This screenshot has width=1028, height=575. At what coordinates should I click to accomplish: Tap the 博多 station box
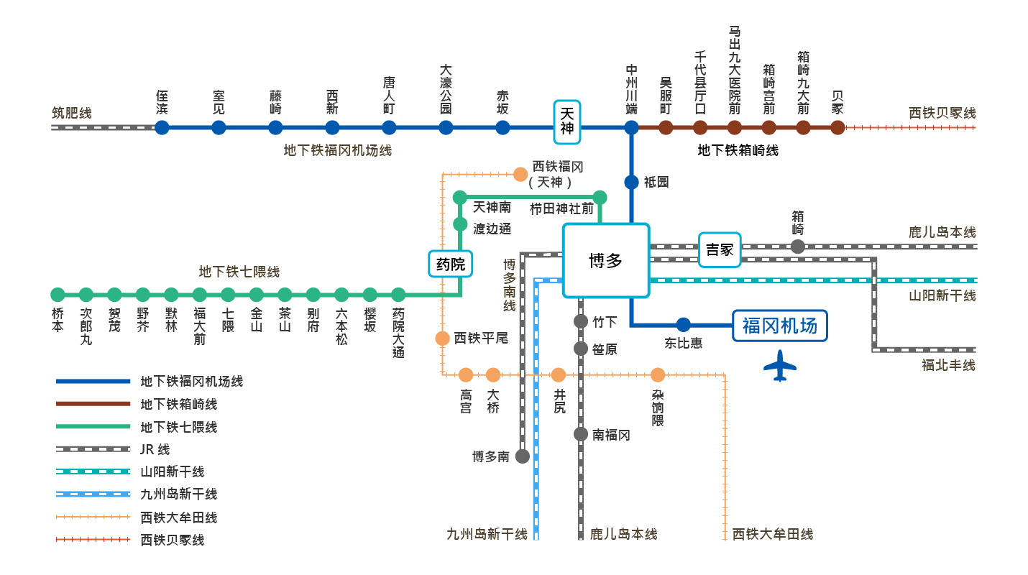point(606,260)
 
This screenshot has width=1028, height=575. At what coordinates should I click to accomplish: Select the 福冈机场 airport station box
point(780,326)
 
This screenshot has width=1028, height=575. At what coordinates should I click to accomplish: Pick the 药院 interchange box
point(451,264)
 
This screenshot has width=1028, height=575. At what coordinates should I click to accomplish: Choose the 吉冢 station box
point(720,249)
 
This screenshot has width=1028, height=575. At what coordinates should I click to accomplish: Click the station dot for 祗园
point(631,183)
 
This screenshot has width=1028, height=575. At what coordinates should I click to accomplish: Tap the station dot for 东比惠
point(683,325)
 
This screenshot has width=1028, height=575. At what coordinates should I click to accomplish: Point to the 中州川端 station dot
point(631,128)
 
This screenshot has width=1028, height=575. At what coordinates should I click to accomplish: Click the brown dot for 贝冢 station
point(837,128)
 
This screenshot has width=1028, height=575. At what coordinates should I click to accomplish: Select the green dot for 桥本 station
point(58,295)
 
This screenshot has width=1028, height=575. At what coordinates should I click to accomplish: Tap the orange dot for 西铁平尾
point(443,339)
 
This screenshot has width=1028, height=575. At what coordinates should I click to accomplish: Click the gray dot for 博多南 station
point(523,456)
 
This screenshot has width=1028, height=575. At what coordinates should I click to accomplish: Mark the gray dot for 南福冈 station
point(581,434)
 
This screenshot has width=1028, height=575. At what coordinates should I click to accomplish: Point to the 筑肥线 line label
point(72,113)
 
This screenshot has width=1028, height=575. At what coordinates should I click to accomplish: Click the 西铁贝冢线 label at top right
point(942,113)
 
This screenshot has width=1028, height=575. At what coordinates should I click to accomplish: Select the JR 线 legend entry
point(155,449)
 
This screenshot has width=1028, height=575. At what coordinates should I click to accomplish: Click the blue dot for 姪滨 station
point(162,128)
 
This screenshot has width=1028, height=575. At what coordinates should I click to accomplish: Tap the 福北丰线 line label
point(948,365)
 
